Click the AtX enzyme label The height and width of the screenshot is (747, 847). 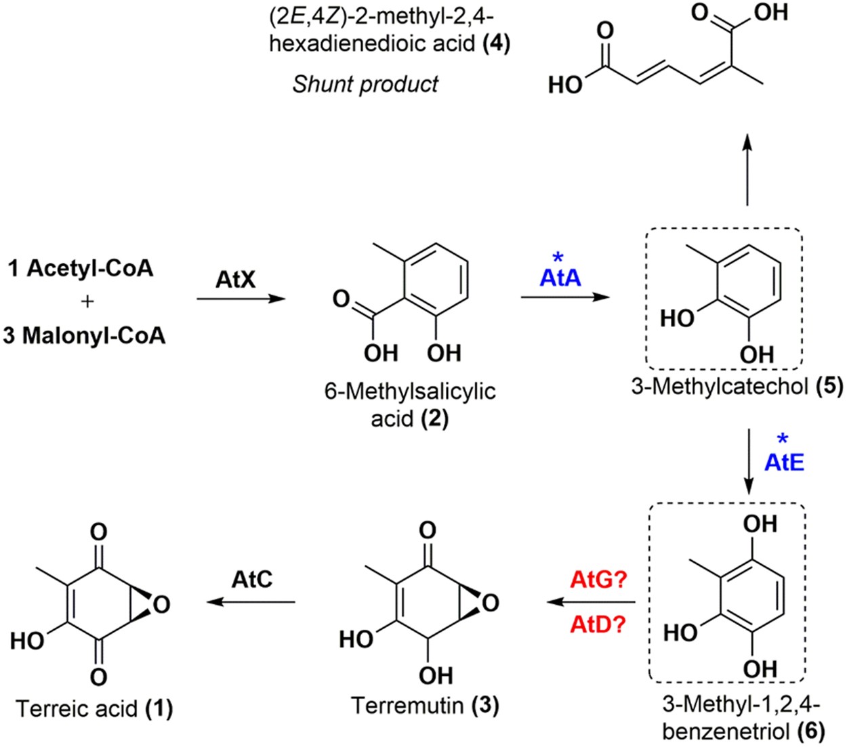(x=235, y=278)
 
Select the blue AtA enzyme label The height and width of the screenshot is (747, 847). (x=560, y=278)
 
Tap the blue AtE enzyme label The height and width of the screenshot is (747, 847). (x=784, y=462)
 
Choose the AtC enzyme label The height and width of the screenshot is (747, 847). (x=252, y=580)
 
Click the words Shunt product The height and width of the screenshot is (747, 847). (x=365, y=84)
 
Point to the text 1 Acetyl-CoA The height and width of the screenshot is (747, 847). (x=81, y=269)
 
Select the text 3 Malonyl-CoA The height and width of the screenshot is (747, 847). (x=84, y=335)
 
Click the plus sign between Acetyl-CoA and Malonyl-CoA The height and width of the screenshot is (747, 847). (x=87, y=302)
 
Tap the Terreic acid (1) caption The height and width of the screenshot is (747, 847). (x=94, y=708)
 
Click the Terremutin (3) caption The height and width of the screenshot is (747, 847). (x=425, y=705)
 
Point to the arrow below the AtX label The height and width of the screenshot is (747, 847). (x=241, y=298)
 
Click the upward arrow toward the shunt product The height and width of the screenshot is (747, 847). (x=747, y=169)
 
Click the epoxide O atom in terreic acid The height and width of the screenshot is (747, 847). (x=161, y=603)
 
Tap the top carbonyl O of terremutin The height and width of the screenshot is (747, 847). (x=427, y=530)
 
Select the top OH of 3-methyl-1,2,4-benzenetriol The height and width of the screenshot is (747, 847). (x=760, y=524)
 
